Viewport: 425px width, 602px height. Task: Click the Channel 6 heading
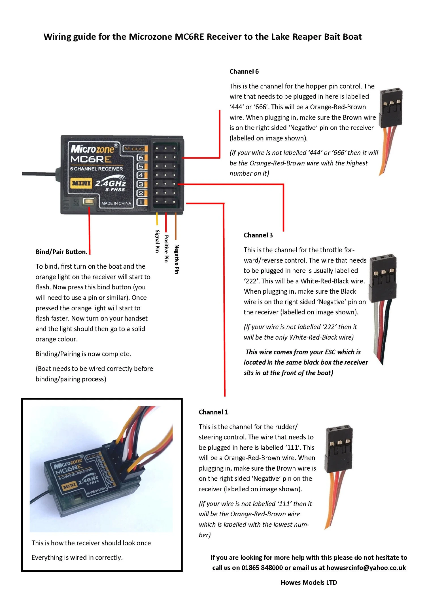(x=244, y=71)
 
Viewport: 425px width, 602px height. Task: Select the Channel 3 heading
(x=258, y=235)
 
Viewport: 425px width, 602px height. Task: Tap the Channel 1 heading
(x=213, y=412)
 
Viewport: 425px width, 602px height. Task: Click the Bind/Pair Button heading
(x=61, y=252)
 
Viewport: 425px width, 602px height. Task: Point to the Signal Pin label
(x=157, y=241)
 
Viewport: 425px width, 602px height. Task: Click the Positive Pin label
(x=167, y=249)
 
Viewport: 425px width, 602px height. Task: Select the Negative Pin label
(x=177, y=259)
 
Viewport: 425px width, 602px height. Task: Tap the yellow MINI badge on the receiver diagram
(x=81, y=183)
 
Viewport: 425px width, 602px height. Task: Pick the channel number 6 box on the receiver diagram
(x=141, y=157)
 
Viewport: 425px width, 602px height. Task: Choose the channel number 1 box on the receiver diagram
(x=141, y=202)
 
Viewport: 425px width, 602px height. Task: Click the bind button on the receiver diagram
(x=88, y=201)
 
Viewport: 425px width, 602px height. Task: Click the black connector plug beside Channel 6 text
(x=391, y=108)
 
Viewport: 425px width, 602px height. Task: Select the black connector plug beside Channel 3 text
(x=382, y=277)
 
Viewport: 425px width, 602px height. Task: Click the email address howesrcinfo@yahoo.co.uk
(x=366, y=568)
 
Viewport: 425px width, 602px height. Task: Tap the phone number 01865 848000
(x=262, y=568)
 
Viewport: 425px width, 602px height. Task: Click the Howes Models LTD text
(x=309, y=582)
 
